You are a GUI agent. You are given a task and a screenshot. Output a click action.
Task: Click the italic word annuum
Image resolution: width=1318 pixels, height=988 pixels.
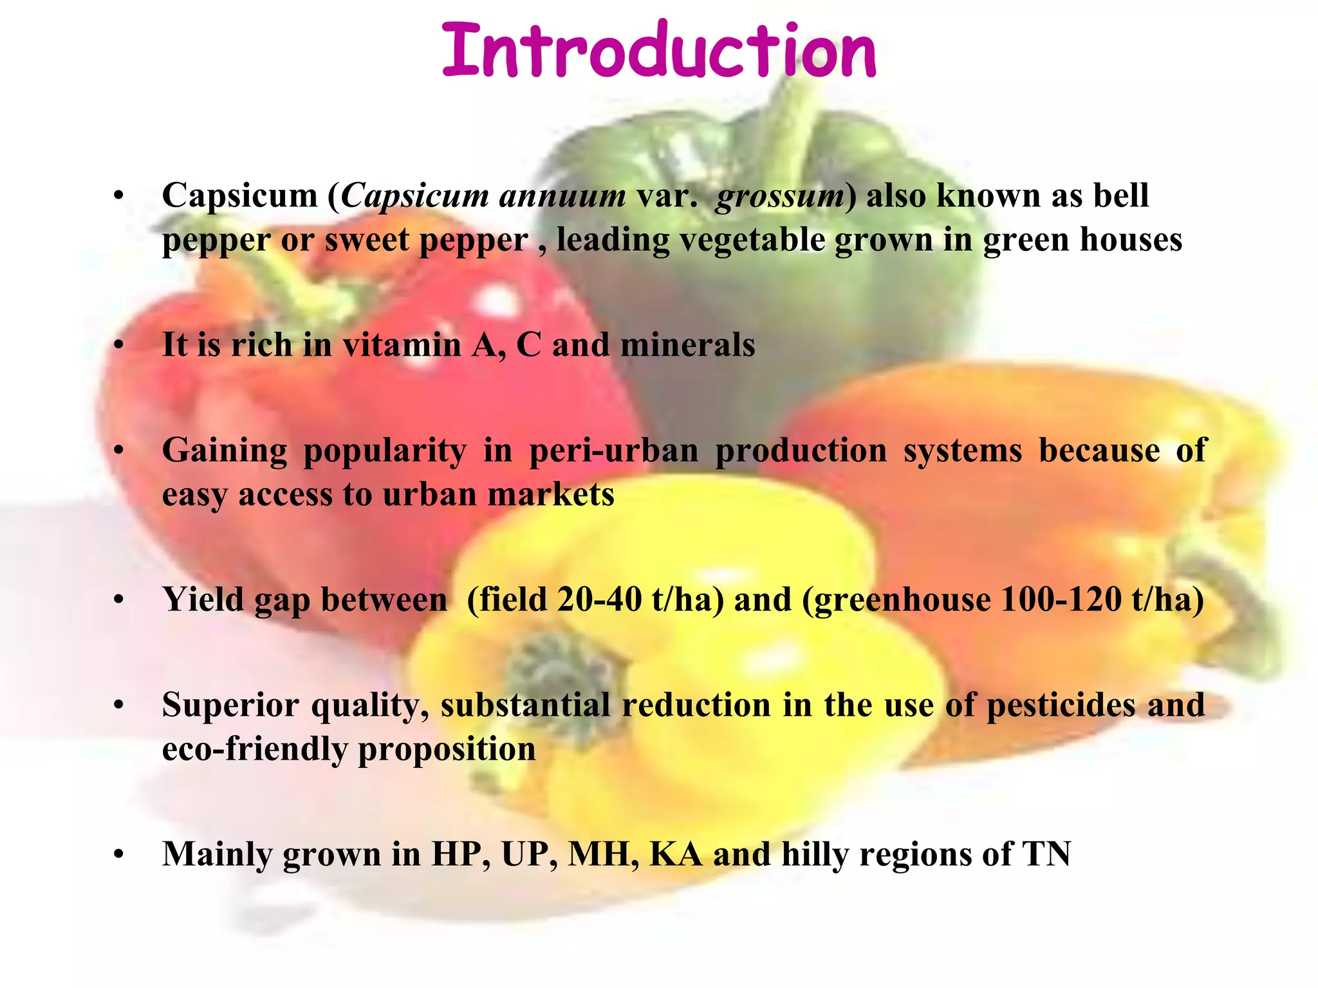562,196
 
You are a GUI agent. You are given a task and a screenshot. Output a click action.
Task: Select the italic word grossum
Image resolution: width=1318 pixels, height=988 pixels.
779,197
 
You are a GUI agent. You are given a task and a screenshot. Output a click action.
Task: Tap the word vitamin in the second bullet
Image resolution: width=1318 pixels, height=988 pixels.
402,345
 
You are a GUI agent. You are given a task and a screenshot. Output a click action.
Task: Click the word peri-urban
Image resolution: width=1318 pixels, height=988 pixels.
613,450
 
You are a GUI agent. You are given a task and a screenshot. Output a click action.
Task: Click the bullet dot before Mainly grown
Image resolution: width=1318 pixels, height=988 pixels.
118,855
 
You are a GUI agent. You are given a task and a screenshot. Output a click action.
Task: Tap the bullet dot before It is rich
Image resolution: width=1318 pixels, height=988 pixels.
118,346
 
